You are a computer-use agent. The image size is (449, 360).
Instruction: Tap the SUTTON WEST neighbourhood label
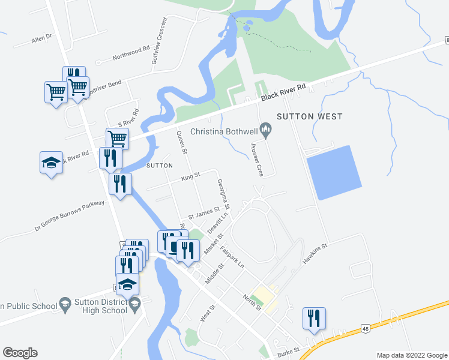tap(309, 116)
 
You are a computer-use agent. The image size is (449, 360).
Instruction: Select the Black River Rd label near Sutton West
tap(283, 94)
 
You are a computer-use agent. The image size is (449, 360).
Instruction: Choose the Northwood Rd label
tap(130, 55)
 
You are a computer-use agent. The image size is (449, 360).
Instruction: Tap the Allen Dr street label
tap(43, 40)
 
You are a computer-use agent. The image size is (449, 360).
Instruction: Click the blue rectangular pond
tap(334, 172)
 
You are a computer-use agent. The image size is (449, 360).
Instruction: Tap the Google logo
tap(20, 353)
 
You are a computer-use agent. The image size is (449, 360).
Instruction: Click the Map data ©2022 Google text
tap(412, 355)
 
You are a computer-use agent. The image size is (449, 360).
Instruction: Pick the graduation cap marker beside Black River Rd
tap(52, 162)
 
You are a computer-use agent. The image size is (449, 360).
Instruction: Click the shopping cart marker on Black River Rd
tap(117, 139)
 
